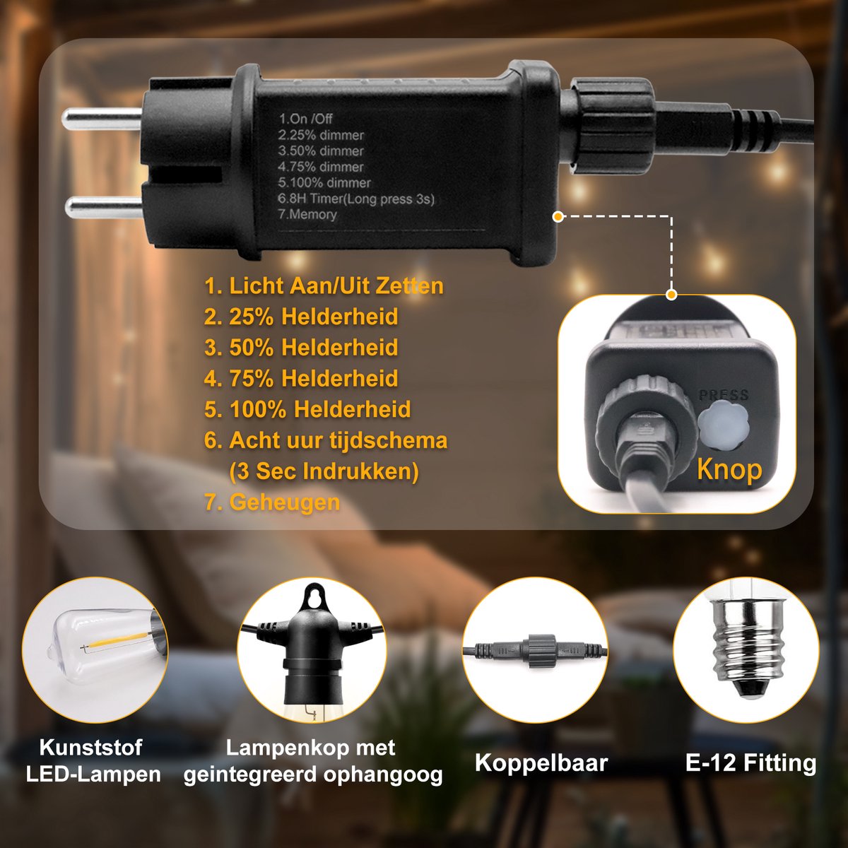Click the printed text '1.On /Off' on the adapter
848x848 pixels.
coord(305,119)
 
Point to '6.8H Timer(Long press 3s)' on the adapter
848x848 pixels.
coord(356,199)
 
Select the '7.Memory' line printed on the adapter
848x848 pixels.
coord(307,214)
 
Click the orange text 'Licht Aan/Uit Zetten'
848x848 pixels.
coord(336,286)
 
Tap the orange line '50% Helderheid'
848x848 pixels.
coord(313,348)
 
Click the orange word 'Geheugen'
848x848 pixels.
coord(284,502)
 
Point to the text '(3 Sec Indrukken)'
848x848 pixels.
coord(324,471)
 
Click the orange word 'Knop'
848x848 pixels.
coord(729,469)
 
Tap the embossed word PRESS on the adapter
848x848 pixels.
coord(724,395)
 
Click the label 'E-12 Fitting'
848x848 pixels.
coord(750,762)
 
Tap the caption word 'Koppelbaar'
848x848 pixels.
coord(541,762)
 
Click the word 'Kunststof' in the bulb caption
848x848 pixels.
coord(90,747)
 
